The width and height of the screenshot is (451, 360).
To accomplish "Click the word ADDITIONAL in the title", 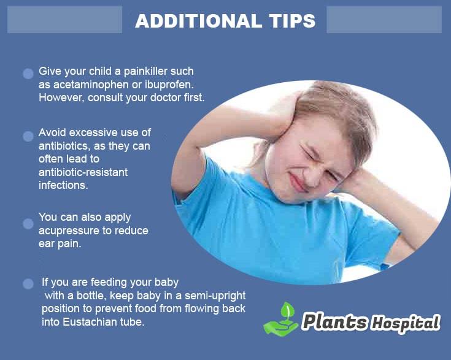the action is pyautogui.click(x=198, y=21).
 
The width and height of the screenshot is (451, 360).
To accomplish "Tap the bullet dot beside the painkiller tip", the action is pyautogui.click(x=28, y=74).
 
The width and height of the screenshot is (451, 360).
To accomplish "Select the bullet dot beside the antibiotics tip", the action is pyautogui.click(x=28, y=137).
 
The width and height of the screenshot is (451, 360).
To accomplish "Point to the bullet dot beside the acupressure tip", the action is pyautogui.click(x=28, y=224).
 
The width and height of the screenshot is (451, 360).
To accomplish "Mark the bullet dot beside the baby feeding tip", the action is pyautogui.click(x=28, y=284).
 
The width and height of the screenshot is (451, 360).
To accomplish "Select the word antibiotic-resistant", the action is pyautogui.click(x=83, y=172).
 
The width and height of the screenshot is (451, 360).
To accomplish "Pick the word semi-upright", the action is pyautogui.click(x=215, y=296).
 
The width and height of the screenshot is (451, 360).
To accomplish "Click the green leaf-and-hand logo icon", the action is pyautogui.click(x=281, y=318).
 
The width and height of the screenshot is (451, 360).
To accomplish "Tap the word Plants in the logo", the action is pyautogui.click(x=335, y=321).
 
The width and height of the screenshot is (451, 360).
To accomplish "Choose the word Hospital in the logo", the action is pyautogui.click(x=406, y=323).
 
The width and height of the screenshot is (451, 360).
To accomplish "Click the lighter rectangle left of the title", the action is pyautogui.click(x=64, y=20).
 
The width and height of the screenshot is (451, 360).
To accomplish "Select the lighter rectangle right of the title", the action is pyautogui.click(x=384, y=20).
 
